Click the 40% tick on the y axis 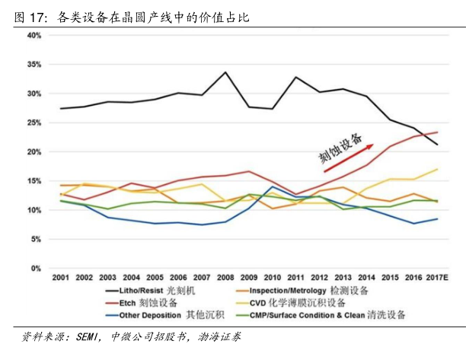34,36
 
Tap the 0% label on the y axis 36,269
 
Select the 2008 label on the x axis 225,278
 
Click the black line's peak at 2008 225,72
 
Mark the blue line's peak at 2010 272,186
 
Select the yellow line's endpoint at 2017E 436,169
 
